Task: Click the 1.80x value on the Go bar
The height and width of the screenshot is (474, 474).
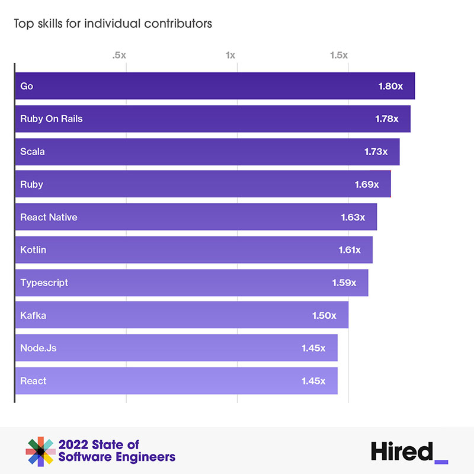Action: pos(390,86)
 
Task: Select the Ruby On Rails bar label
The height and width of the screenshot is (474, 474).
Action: pos(51,118)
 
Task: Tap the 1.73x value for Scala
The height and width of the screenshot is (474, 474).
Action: pos(376,152)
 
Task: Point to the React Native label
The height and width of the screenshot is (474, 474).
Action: pos(49,217)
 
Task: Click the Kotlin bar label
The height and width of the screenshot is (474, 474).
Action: pos(33,250)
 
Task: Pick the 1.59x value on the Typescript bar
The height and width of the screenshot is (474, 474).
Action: pos(344,283)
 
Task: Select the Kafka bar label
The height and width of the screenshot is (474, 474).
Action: pos(33,315)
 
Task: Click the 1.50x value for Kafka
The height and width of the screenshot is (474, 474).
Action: pos(324,315)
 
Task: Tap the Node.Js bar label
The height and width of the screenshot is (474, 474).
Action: pos(39,348)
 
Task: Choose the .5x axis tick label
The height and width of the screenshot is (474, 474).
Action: pos(119,55)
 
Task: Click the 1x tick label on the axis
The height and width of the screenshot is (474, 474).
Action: pos(230,55)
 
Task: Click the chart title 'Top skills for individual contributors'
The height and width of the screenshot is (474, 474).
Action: pos(113,24)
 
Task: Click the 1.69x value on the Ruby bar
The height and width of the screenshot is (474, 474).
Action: pos(366,184)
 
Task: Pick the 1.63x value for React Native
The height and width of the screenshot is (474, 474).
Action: pos(353,217)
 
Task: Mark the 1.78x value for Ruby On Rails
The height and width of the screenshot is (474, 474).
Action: pos(386,118)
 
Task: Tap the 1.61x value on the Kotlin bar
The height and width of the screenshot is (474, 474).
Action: pos(350,250)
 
